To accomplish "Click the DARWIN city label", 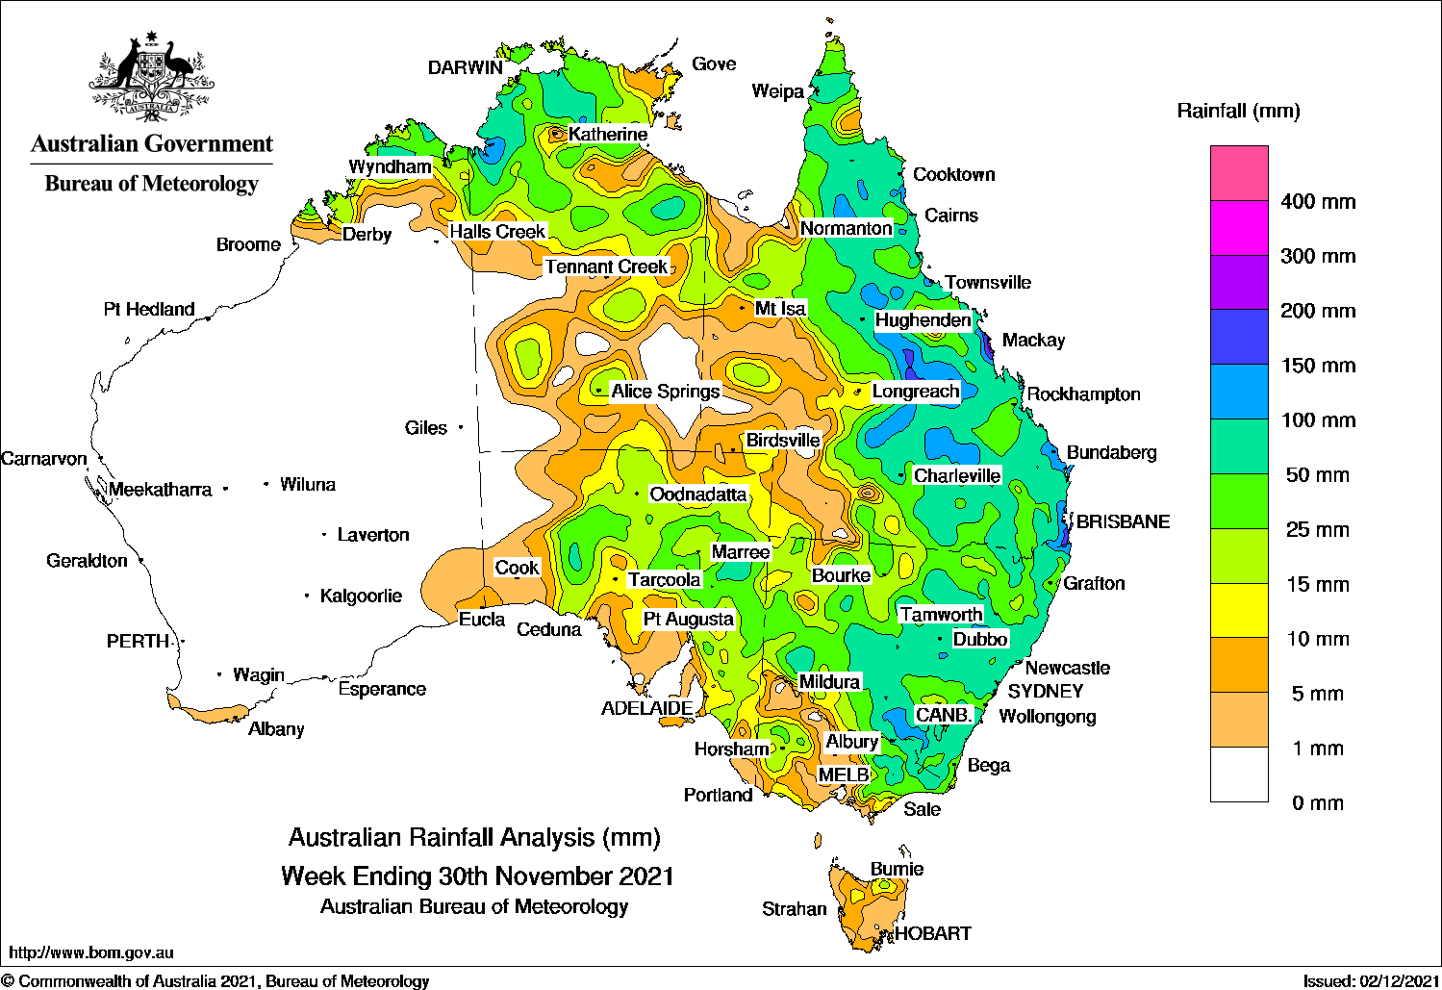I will (465, 67).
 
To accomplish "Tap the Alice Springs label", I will (665, 392).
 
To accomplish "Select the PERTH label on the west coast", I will (138, 642).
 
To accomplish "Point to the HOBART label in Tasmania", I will (932, 933).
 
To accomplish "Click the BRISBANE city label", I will (1123, 522).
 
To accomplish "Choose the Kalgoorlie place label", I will (361, 597).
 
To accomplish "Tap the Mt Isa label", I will (780, 309).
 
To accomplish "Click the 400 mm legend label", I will (1318, 202).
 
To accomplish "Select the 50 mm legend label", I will (1318, 475).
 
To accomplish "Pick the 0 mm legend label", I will (1318, 803).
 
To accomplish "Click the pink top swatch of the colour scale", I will (1239, 173).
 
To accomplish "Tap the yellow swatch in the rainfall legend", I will (1239, 611).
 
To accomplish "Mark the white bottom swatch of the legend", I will (1239, 774).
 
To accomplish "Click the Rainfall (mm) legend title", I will (1238, 112).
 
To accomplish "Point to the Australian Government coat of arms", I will (152, 77).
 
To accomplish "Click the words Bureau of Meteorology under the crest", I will (152, 184).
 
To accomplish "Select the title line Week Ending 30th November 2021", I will (477, 876).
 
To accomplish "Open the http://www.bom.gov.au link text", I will (91, 952).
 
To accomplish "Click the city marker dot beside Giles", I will (461, 427).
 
